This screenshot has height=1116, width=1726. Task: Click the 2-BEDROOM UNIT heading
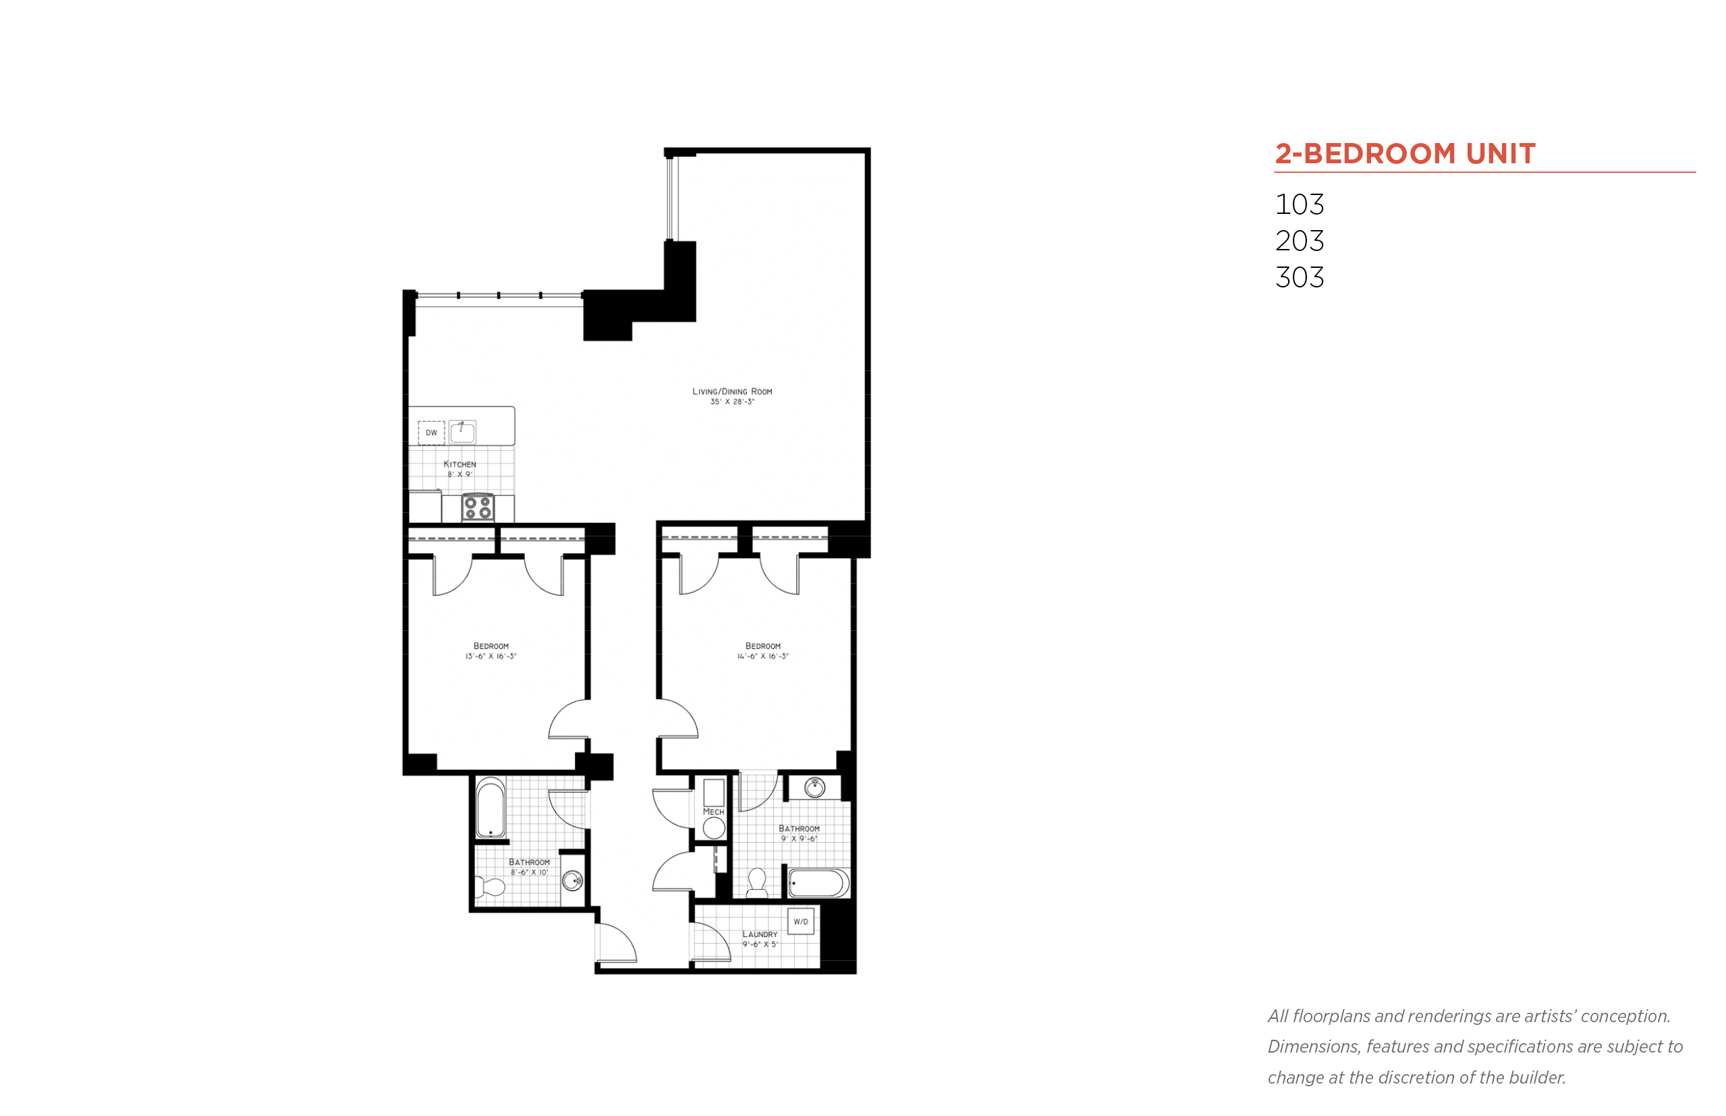pyautogui.click(x=1404, y=153)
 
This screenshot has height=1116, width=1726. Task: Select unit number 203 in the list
pyautogui.click(x=1299, y=241)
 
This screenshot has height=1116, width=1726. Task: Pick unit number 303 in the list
pyautogui.click(x=1299, y=277)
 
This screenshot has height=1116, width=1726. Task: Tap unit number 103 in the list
pyautogui.click(x=1299, y=204)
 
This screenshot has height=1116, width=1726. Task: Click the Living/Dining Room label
pyautogui.click(x=732, y=391)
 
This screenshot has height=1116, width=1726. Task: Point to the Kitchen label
pyautogui.click(x=460, y=464)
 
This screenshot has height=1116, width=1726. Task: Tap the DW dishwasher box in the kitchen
pyautogui.click(x=431, y=433)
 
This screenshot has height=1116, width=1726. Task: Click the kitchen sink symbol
pyautogui.click(x=462, y=432)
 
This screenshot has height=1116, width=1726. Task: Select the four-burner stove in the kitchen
pyautogui.click(x=478, y=507)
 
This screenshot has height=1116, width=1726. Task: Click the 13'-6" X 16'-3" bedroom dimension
pyautogui.click(x=491, y=657)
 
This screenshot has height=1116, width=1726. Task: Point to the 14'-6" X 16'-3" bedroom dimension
pyautogui.click(x=762, y=657)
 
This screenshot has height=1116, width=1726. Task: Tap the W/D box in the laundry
pyautogui.click(x=801, y=921)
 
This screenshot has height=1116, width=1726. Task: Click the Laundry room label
pyautogui.click(x=759, y=934)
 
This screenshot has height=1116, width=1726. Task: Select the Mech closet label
pyautogui.click(x=713, y=812)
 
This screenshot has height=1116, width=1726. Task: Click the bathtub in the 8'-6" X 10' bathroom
pyautogui.click(x=491, y=808)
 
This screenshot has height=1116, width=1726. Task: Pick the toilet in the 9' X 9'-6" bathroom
pyautogui.click(x=756, y=882)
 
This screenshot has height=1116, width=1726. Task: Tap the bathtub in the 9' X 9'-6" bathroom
pyautogui.click(x=818, y=883)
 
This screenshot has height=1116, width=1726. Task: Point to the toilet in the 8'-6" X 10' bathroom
pyautogui.click(x=490, y=887)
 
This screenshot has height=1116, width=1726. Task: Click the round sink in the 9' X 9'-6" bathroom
pyautogui.click(x=814, y=787)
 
